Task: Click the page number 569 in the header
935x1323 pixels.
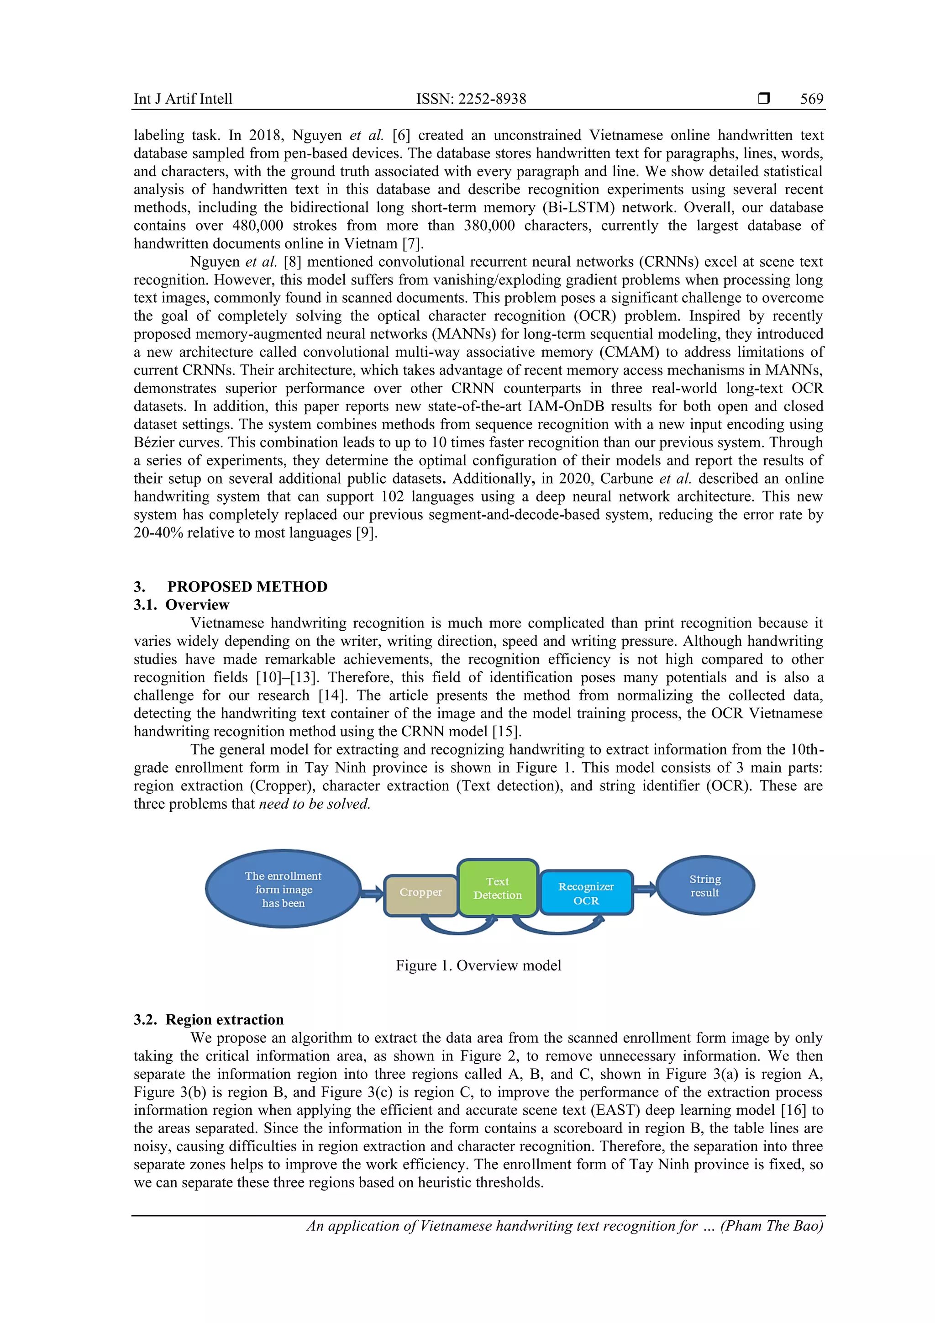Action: click(x=811, y=99)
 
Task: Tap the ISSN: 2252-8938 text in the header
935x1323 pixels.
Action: click(x=471, y=99)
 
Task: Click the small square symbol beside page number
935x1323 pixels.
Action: click(x=763, y=99)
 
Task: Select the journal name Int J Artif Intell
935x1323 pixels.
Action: click(x=183, y=99)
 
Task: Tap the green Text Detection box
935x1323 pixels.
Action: click(x=497, y=888)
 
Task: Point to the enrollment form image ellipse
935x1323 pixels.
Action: click(x=283, y=889)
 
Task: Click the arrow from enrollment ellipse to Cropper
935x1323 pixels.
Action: click(x=372, y=894)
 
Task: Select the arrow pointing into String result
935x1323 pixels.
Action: click(x=645, y=889)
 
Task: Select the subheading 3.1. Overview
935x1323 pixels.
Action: click(x=181, y=605)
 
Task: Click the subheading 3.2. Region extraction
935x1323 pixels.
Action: click(x=209, y=1019)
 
